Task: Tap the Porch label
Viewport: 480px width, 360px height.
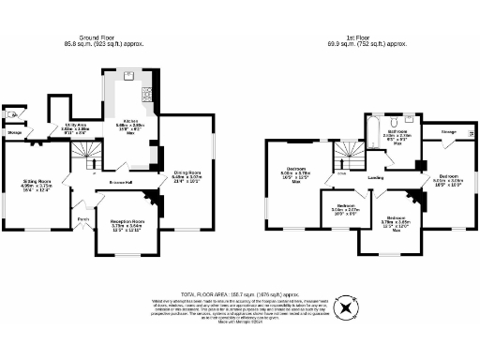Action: point(82,221)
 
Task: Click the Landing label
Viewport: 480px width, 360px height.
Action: point(377,175)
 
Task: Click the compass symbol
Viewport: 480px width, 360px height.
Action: point(348,307)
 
